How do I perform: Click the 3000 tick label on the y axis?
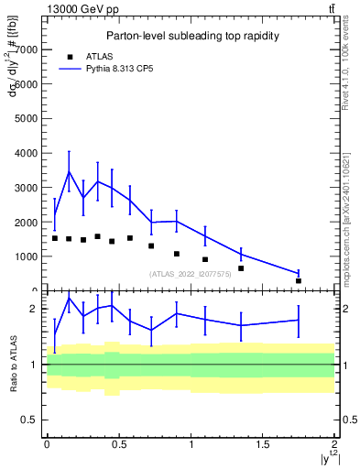point(27,188)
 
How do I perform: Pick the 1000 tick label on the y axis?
point(27,256)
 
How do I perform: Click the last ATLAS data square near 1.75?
point(298,281)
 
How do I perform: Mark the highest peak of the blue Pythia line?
point(69,171)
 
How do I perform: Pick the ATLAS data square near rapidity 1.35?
point(241,268)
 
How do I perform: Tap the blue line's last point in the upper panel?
point(298,273)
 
